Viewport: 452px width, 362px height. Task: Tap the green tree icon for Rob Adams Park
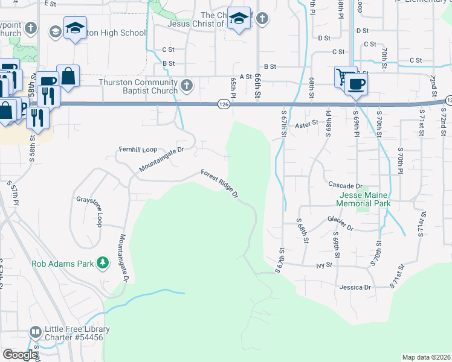[103, 262]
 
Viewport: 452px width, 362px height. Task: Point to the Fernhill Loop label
[137, 148]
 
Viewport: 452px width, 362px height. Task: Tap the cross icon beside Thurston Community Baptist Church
[187, 85]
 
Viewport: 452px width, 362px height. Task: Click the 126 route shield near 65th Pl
[224, 105]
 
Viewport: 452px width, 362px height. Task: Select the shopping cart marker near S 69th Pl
[344, 76]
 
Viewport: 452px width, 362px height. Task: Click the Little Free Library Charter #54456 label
[78, 333]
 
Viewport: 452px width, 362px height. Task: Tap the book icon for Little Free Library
[35, 332]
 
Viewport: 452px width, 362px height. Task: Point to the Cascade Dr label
[345, 186]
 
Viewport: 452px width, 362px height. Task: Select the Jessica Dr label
[355, 287]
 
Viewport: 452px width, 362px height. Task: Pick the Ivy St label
[324, 264]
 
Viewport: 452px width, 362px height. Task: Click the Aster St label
[306, 123]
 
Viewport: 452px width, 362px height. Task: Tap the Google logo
[20, 355]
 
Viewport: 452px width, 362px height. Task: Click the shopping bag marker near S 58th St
[68, 76]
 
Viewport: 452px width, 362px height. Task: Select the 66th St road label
[258, 78]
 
